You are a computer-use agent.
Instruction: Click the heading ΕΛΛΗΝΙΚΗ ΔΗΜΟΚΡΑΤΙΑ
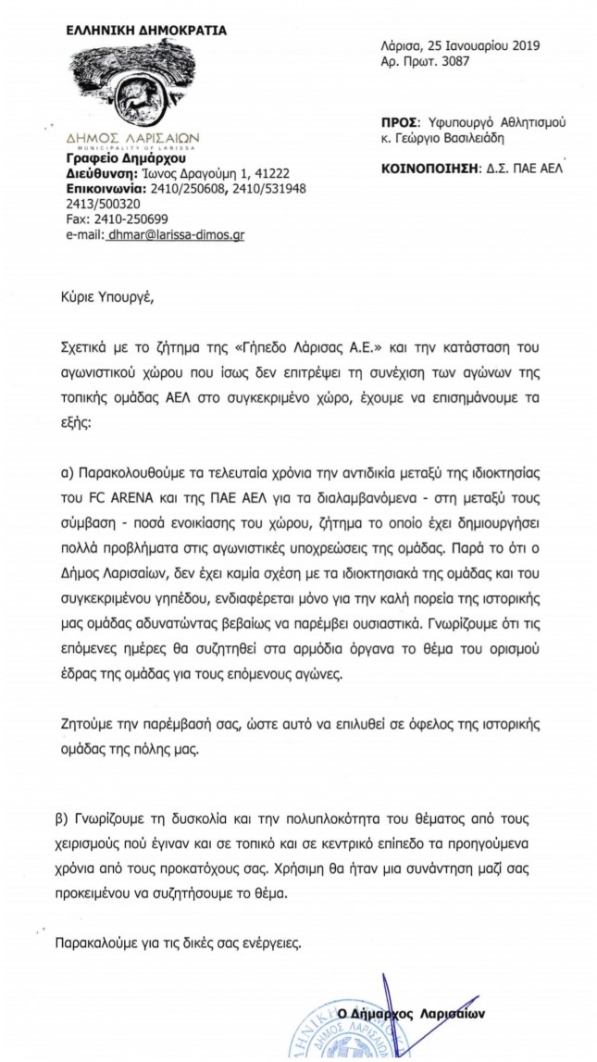(146, 31)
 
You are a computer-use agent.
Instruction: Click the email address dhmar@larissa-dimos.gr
(176, 236)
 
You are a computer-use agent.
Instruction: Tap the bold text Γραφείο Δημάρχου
(113, 158)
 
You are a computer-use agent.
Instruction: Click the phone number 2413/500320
(103, 204)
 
